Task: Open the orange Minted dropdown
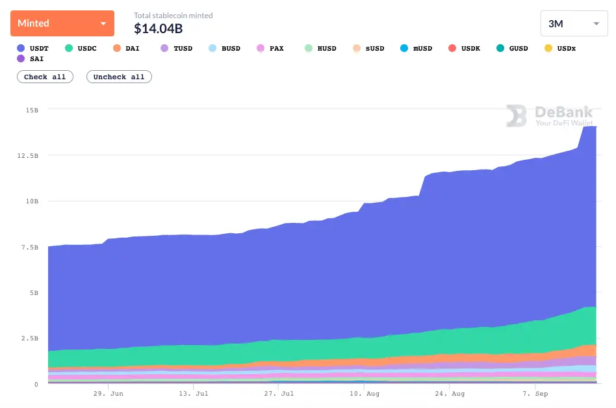click(x=62, y=23)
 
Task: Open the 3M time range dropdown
click(x=574, y=23)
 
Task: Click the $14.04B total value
click(x=159, y=29)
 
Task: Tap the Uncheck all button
click(x=119, y=77)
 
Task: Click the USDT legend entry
click(x=32, y=48)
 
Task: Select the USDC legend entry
click(x=81, y=48)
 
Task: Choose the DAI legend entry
click(x=126, y=48)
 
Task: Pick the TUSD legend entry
click(x=176, y=48)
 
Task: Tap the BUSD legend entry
click(x=224, y=48)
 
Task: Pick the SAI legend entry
click(x=31, y=58)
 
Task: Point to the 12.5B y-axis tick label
click(x=27, y=156)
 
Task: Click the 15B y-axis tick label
click(x=32, y=110)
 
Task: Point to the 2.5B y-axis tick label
click(x=30, y=338)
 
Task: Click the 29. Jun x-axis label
click(x=108, y=394)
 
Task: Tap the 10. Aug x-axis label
click(x=365, y=394)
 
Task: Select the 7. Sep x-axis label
click(x=535, y=394)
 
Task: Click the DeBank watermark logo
click(x=550, y=116)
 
